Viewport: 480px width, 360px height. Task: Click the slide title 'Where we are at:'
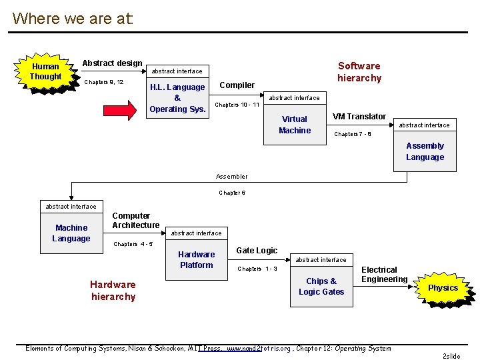click(73, 18)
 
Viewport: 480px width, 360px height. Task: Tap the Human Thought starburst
click(45, 72)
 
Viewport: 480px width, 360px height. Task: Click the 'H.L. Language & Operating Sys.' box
click(177, 98)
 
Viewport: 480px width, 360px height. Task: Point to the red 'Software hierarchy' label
click(359, 72)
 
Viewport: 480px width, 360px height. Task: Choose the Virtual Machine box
click(295, 125)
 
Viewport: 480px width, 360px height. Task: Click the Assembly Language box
click(425, 151)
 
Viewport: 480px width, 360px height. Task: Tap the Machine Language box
click(71, 233)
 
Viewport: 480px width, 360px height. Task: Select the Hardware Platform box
click(196, 259)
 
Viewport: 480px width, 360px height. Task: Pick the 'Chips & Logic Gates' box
click(321, 286)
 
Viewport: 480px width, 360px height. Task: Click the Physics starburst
click(443, 288)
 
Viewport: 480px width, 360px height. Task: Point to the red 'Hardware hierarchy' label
click(113, 291)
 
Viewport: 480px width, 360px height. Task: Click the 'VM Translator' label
click(359, 117)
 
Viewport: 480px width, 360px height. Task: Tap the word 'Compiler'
click(237, 85)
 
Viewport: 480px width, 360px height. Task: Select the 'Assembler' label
click(231, 177)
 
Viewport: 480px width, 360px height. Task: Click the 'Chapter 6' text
click(232, 193)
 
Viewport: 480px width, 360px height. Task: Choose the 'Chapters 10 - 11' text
click(237, 105)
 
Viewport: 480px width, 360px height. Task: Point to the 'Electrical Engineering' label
click(384, 275)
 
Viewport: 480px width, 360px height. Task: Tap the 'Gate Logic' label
click(257, 251)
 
